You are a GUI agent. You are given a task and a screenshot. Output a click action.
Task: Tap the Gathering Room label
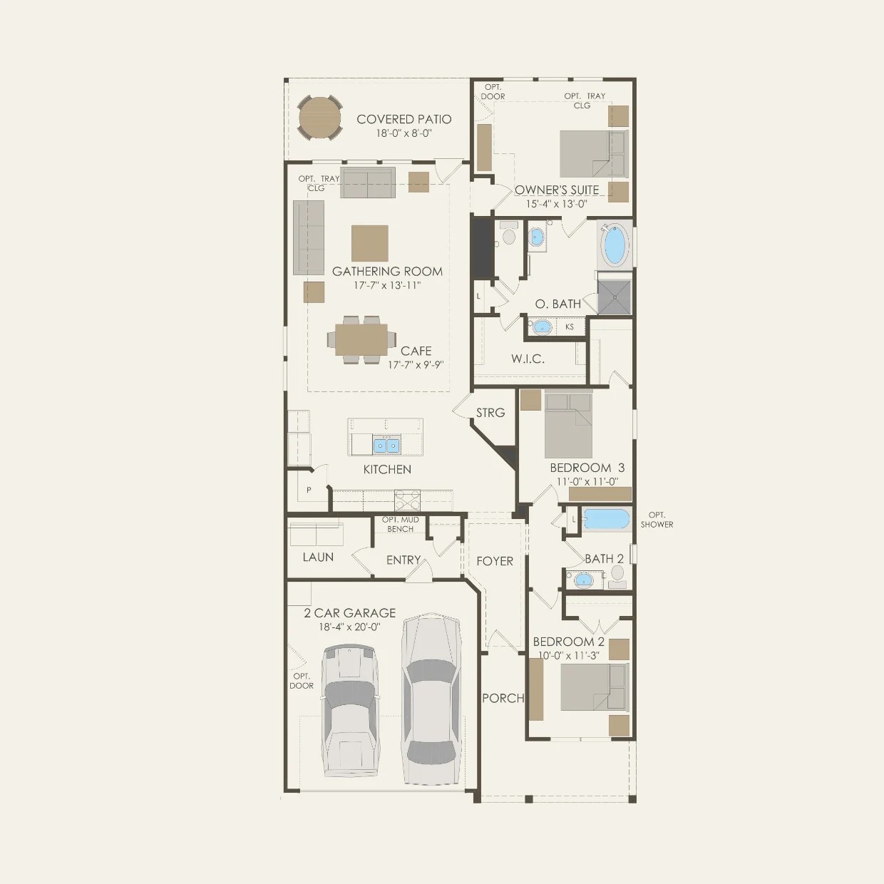coord(387,272)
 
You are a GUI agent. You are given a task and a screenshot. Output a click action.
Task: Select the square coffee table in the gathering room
coord(370,243)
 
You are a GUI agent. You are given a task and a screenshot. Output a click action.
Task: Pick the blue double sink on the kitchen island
coord(386,446)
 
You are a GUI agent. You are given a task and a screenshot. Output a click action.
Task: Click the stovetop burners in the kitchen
coord(408,498)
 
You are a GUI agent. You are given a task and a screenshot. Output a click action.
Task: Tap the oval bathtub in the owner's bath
coord(615,245)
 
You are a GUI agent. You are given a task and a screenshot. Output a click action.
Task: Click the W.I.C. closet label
coord(528,359)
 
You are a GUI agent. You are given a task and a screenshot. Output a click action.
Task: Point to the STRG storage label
coord(490,413)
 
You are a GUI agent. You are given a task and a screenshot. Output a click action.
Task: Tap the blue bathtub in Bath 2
coord(607,519)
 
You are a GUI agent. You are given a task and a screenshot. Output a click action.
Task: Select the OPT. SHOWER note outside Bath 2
coord(657,520)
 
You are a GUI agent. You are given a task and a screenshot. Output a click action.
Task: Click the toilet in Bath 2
coord(617,574)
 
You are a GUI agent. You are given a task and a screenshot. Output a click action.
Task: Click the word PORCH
coord(503,698)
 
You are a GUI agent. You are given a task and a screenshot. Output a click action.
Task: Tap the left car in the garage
coord(349,709)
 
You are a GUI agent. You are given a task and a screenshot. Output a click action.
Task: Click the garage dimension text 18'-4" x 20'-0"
coord(349,627)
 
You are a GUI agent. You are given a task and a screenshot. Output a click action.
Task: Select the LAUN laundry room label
coord(318,557)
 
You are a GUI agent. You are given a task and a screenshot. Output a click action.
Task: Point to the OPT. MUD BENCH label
coord(401,524)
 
